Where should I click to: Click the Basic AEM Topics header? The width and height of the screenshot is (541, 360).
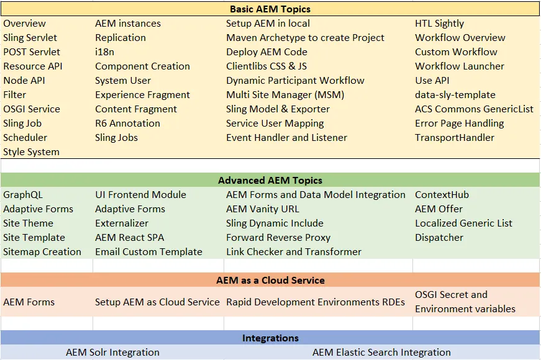click(x=270, y=9)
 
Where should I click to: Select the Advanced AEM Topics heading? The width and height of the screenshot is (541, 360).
click(x=270, y=181)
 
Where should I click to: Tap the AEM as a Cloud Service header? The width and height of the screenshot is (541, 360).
click(x=270, y=280)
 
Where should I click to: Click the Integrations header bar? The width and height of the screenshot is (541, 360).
click(x=270, y=338)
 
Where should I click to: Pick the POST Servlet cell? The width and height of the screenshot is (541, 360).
click(x=32, y=52)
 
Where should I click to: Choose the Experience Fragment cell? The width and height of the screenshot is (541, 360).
click(x=142, y=95)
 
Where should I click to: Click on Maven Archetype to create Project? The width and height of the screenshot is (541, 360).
click(x=305, y=38)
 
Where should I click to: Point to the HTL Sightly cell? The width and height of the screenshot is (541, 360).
click(x=439, y=24)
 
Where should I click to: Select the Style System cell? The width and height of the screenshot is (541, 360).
click(x=31, y=152)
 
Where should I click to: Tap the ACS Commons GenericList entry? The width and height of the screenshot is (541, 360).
click(x=474, y=109)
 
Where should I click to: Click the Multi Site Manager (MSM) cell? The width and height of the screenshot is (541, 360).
click(x=285, y=95)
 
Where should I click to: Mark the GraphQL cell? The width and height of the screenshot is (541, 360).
click(x=23, y=195)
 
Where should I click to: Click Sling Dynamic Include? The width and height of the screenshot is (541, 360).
click(x=275, y=223)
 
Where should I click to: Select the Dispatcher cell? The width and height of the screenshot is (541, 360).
click(x=439, y=238)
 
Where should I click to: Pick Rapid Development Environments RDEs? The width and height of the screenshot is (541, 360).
click(x=316, y=302)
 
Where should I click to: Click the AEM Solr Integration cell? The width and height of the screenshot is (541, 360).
click(x=112, y=353)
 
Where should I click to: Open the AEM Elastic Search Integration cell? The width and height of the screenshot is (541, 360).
click(x=381, y=353)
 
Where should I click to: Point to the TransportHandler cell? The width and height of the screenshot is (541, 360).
click(x=455, y=138)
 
